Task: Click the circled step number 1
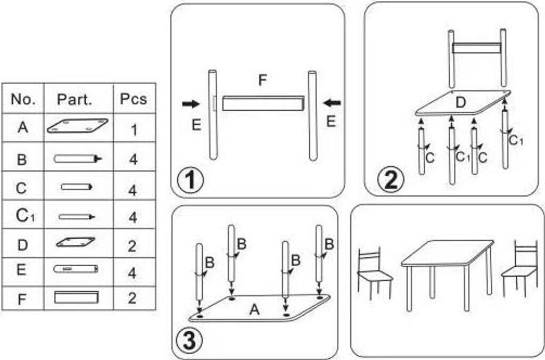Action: [x=190, y=180]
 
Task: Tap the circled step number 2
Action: [x=391, y=180]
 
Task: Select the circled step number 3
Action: [x=190, y=341]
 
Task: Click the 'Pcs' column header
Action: [x=133, y=99]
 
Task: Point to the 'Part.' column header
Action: [x=75, y=99]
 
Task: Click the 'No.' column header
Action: [x=23, y=99]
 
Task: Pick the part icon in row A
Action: [x=77, y=126]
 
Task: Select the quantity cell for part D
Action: [x=133, y=246]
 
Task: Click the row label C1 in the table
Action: [x=22, y=216]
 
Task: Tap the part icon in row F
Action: [x=77, y=297]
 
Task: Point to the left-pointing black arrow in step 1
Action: [x=333, y=102]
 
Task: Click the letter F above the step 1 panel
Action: [x=262, y=81]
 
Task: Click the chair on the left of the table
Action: [x=374, y=272]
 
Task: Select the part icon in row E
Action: [x=76, y=269]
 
